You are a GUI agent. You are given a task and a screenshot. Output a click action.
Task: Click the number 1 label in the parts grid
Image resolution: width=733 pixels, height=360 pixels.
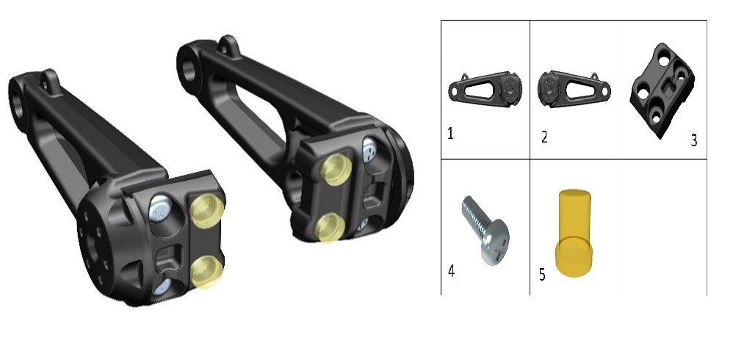(450, 134)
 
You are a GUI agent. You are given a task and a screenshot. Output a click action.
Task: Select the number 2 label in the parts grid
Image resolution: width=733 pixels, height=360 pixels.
(544, 137)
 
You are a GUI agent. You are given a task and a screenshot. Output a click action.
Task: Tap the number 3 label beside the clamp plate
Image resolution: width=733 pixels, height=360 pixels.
(694, 140)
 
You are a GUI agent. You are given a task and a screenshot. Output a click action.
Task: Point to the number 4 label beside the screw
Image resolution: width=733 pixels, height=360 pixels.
(451, 271)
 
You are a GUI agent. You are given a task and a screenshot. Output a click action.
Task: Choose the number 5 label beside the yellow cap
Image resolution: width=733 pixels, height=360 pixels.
(542, 275)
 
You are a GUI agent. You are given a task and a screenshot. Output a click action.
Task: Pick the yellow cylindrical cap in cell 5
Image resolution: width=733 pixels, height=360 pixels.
(574, 233)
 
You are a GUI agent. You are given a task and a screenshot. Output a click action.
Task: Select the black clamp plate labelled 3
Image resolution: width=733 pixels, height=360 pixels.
(662, 90)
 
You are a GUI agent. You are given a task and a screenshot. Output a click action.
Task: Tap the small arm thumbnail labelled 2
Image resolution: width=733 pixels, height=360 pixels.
(574, 89)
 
